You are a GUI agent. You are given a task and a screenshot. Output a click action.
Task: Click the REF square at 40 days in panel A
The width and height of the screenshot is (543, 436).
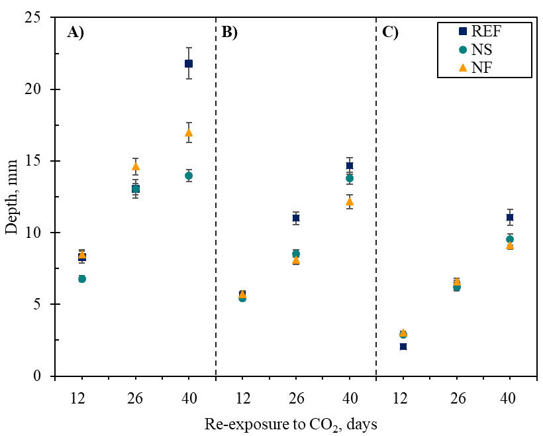tap(189, 64)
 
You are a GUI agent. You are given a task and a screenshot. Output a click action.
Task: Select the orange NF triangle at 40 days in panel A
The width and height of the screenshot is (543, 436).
tap(189, 133)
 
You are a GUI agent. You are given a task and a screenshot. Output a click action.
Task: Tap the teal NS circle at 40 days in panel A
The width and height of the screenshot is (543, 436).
tap(189, 176)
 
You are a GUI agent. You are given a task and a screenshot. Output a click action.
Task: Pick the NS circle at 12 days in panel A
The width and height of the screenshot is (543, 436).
tap(82, 279)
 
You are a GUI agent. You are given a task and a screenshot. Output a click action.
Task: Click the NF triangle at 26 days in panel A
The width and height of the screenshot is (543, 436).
tap(136, 166)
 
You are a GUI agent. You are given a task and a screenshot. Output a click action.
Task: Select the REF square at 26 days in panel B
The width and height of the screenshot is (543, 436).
tap(296, 218)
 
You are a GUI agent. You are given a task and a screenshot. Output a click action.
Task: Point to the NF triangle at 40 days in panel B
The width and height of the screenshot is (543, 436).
tap(350, 201)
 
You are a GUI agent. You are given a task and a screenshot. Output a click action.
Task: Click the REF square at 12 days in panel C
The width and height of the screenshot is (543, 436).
tap(403, 347)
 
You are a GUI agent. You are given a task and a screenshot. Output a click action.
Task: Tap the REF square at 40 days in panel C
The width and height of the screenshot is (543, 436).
tap(510, 217)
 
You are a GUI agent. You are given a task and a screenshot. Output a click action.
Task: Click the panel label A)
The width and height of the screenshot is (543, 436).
tap(75, 32)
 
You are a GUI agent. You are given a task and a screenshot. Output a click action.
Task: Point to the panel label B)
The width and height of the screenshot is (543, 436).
tap(229, 32)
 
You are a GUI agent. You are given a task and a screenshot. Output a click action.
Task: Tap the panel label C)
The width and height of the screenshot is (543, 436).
tap(390, 32)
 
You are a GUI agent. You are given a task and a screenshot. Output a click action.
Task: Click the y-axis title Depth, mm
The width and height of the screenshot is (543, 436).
tap(12, 197)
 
